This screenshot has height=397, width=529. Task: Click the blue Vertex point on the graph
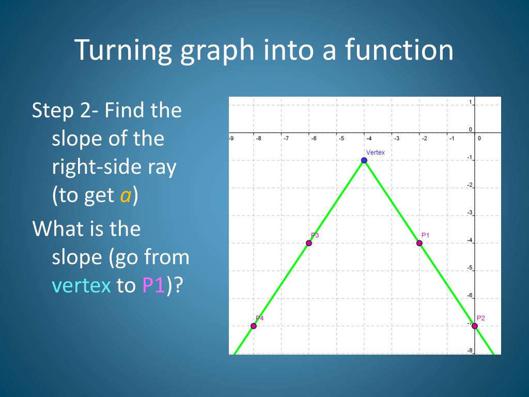[364, 160]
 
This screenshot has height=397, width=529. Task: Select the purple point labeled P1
[419, 243]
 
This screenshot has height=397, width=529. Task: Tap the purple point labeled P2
[475, 326]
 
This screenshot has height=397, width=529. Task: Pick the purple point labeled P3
[309, 243]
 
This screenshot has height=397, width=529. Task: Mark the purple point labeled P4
[253, 326]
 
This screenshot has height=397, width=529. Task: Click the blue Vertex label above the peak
[375, 152]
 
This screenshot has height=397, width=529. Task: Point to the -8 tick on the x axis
[258, 139]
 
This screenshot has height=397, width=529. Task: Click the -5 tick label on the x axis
[341, 139]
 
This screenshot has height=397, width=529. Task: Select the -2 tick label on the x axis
[425, 139]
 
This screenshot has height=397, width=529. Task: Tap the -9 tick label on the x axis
[231, 139]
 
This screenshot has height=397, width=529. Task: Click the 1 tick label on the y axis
[471, 102]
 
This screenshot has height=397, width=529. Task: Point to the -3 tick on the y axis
[470, 212]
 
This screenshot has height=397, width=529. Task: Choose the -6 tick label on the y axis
[470, 295]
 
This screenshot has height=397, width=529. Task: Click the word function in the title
[399, 50]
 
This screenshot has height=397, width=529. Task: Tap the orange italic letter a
[126, 195]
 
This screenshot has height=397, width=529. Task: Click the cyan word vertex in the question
[81, 285]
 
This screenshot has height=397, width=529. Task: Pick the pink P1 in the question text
[153, 285]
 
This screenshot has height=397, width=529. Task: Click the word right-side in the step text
[114, 167]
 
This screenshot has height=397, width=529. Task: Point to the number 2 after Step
[85, 111]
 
